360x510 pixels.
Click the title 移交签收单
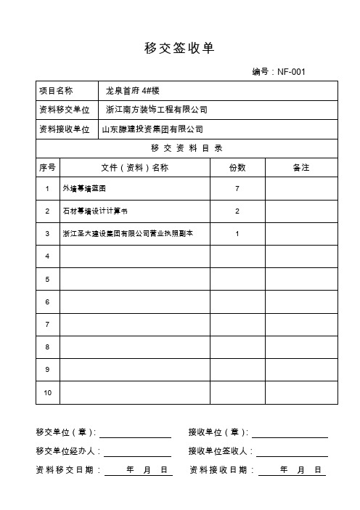[x=179, y=48]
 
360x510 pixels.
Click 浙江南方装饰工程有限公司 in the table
[x=155, y=110]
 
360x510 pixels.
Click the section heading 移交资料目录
[x=187, y=148]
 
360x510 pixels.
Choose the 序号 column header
[x=47, y=168]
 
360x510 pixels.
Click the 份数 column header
[x=237, y=168]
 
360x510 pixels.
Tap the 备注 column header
[x=301, y=168]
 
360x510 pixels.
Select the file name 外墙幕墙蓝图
[x=84, y=189]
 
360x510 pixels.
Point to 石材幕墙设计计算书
[x=95, y=211]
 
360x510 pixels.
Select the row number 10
[x=47, y=392]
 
